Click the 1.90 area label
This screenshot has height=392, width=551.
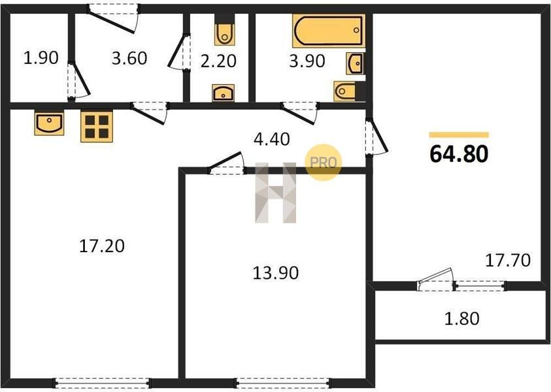coord(41,58)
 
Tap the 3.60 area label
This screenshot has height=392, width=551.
coord(129,58)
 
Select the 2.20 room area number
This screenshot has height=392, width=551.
coord(218,61)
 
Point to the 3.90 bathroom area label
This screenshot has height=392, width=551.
coord(307,61)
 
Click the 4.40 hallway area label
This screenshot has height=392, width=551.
coord(272,139)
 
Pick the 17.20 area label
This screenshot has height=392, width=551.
coord(102,246)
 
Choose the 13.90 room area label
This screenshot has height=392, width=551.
coord(276,273)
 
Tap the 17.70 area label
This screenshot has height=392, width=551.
coord(508,260)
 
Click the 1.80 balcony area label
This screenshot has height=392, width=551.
coord(461,319)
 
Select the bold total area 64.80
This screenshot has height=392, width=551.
coord(459,154)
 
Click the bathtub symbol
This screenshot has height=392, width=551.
coord(329,31)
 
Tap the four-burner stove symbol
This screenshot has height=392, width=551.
coord(97,127)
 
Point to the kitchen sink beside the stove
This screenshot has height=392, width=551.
coord(49,123)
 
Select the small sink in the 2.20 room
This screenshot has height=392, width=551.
coord(223,93)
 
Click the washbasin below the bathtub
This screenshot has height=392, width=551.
coord(356,63)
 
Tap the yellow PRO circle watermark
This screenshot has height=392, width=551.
coord(324,162)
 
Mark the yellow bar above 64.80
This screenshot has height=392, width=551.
coord(459,135)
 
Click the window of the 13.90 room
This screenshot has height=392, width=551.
coord(283,383)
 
